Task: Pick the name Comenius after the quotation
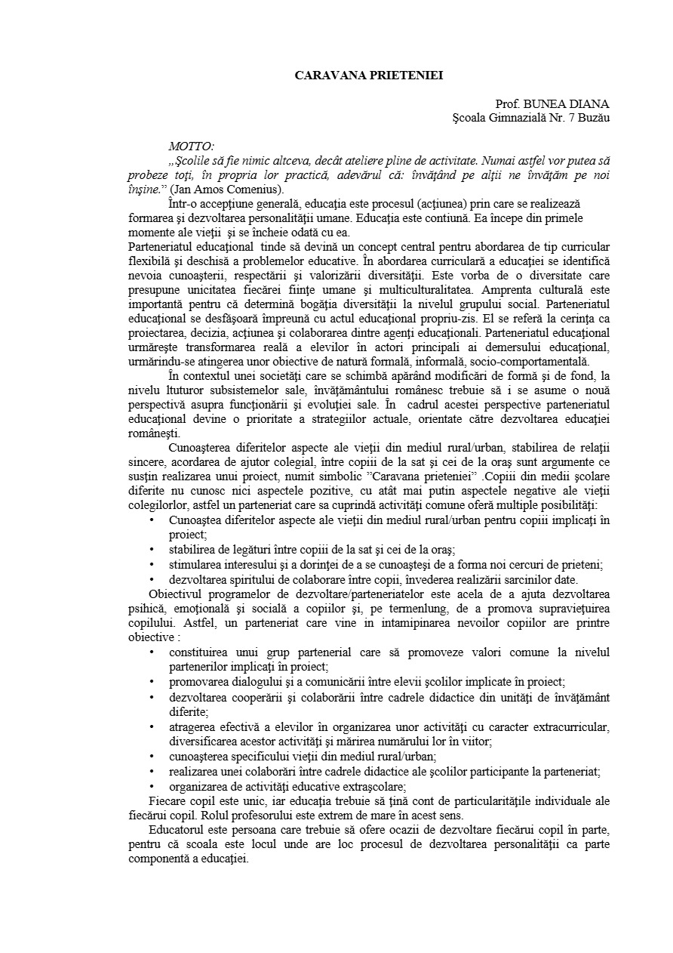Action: click(249, 189)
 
